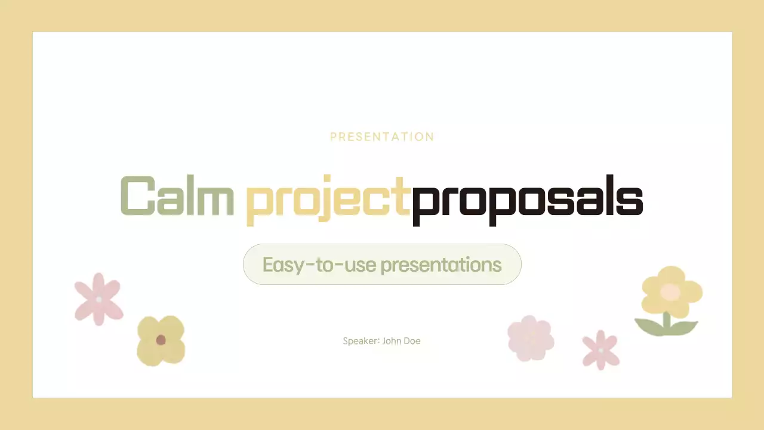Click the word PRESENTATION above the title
382,137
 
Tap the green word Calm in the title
177,196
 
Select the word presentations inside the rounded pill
441,265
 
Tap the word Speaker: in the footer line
361,341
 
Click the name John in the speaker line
393,341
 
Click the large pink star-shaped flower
98,299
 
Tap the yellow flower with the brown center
161,340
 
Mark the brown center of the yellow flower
161,340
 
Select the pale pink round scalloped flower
530,338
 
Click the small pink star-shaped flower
600,350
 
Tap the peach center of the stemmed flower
670,291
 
